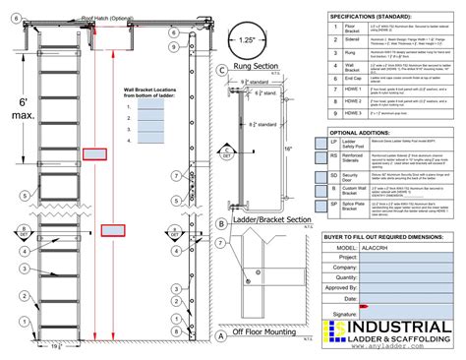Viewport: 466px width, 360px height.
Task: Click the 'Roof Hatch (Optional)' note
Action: coord(107,19)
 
